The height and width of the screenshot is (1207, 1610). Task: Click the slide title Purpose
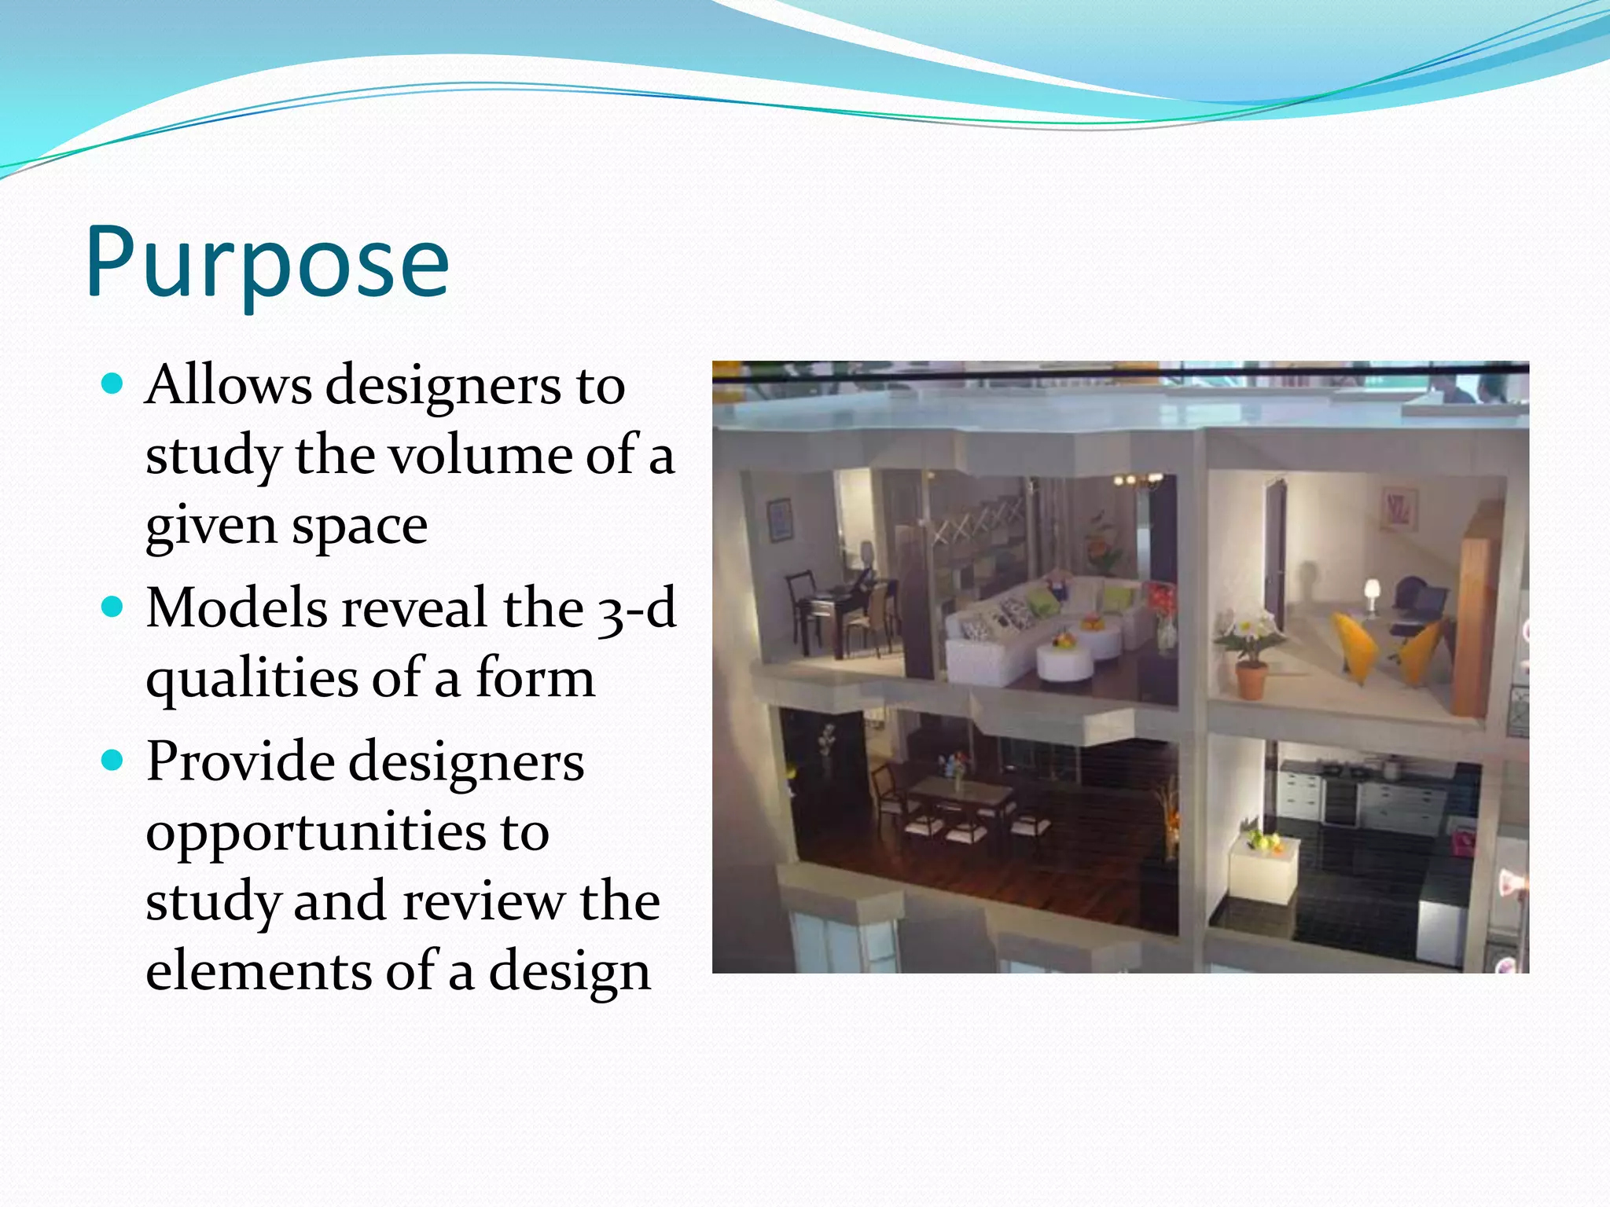tap(267, 262)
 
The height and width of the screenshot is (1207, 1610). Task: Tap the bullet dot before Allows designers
tap(113, 384)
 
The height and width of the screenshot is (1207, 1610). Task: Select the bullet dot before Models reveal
tap(113, 607)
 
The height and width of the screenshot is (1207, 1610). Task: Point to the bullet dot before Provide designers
tap(113, 760)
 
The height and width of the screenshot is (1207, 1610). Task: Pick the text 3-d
tap(637, 609)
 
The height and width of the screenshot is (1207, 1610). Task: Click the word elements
tap(258, 971)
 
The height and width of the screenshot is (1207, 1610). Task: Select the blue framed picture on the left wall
tap(780, 519)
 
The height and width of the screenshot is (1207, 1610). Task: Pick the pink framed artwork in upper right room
tap(1399, 508)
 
